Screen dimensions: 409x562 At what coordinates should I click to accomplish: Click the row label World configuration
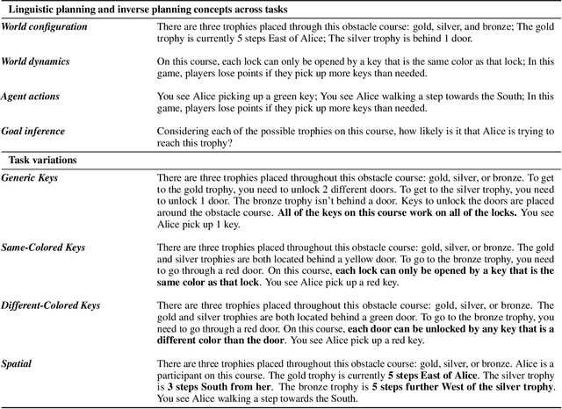pos(44,27)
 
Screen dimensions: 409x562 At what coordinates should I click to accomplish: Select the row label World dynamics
pos(37,62)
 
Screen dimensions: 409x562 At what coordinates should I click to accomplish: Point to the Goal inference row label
pos(34,131)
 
